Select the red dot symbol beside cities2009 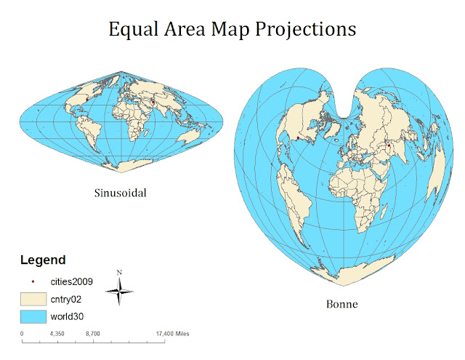coord(33,280)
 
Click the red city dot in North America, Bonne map coord(298,137)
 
